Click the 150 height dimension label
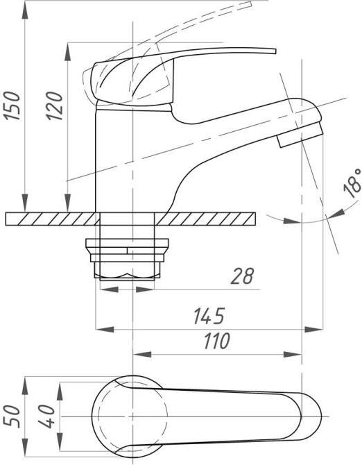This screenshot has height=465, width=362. tap(12, 106)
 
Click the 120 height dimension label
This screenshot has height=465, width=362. tap(55, 106)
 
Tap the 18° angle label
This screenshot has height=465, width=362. tap(352, 183)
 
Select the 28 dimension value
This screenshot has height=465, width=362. tap(242, 276)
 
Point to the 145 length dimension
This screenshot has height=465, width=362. tap(209, 316)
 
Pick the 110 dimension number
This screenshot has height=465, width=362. tap(217, 341)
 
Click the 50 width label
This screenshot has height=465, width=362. tap(12, 417)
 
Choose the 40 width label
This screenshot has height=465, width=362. tap(47, 416)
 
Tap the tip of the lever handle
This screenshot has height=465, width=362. tap(275, 51)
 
